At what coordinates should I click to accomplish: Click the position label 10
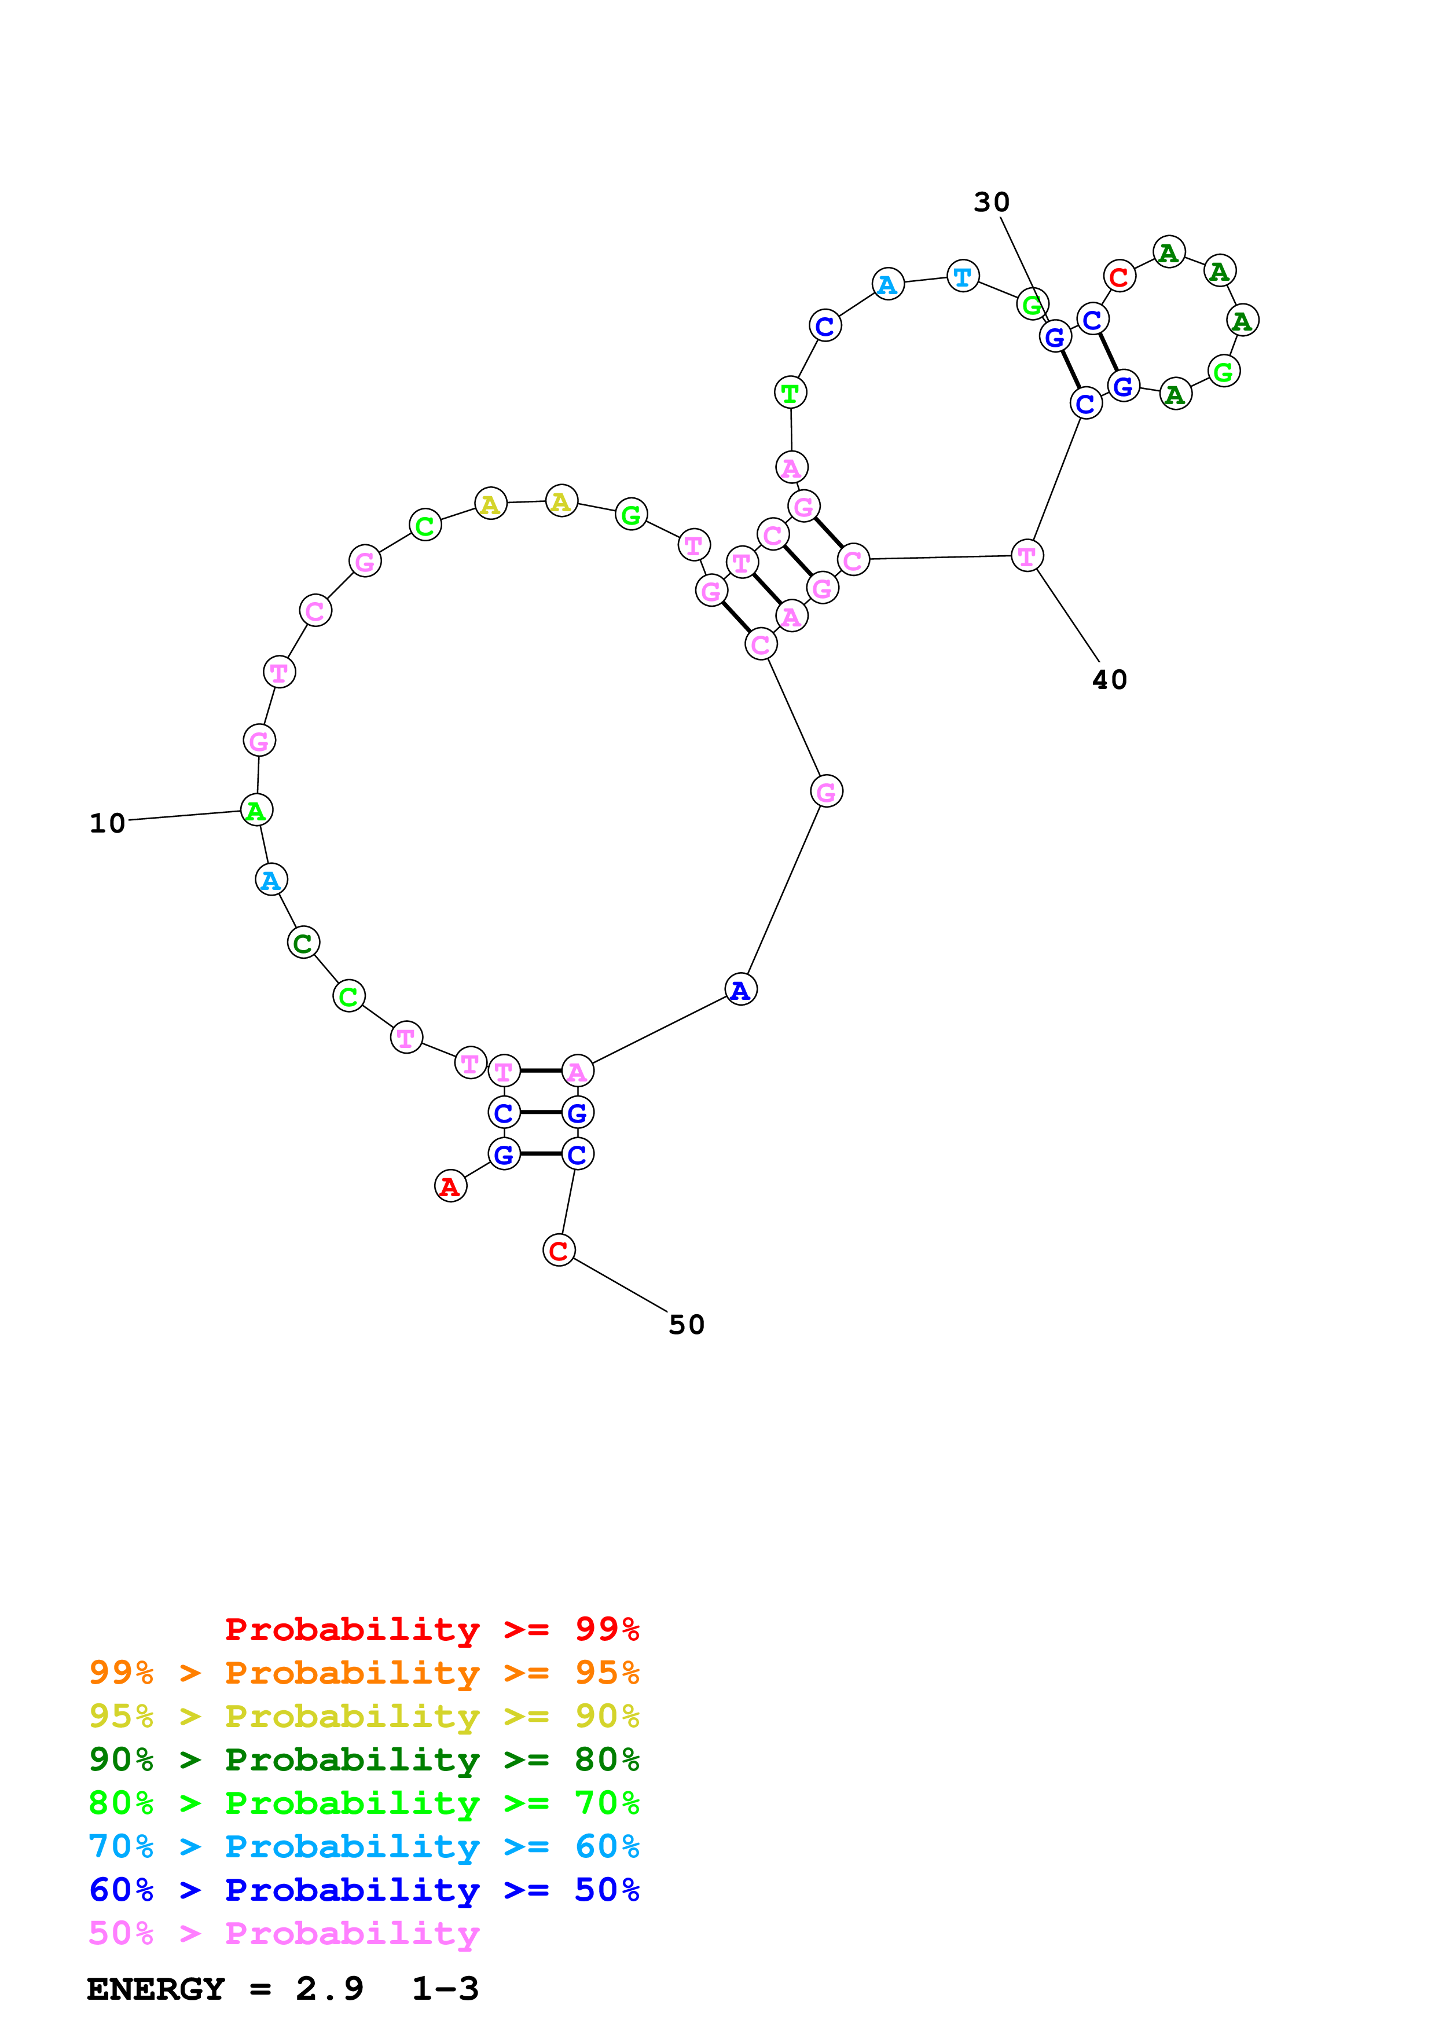point(107,823)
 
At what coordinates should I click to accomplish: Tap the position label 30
point(991,203)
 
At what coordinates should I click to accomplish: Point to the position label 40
point(1110,680)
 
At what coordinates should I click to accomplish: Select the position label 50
point(686,1325)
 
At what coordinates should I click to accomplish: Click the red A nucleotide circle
point(450,1186)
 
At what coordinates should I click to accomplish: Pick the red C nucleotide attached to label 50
point(559,1251)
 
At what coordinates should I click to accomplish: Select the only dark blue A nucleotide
point(740,990)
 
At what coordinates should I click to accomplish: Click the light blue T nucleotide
point(963,277)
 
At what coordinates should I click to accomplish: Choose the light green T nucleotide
point(791,393)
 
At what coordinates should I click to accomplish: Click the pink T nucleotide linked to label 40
point(1026,556)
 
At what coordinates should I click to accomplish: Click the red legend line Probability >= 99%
point(431,1629)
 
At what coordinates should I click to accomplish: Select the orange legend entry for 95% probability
point(364,1673)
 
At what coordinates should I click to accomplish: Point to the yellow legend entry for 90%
point(364,1716)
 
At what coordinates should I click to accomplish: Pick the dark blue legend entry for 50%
point(364,1890)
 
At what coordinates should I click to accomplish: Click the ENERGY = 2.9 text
point(225,1989)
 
